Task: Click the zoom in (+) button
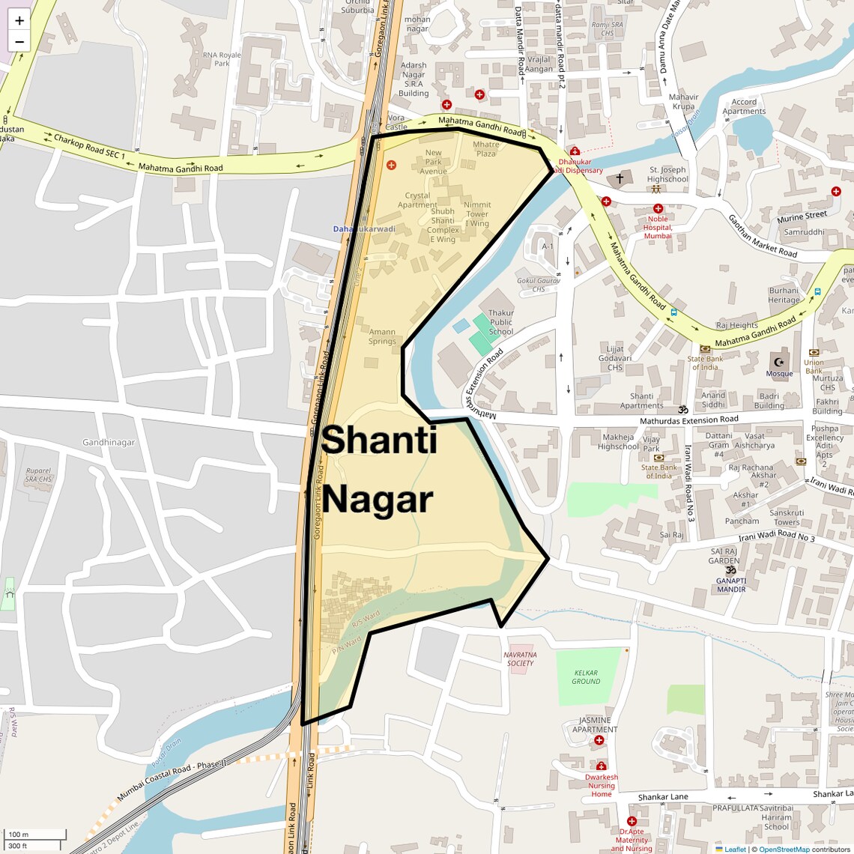[19, 20]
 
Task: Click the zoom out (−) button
[19, 42]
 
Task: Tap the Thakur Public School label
[501, 322]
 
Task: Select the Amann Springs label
[382, 336]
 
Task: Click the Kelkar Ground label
[586, 677]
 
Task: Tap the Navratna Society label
[520, 658]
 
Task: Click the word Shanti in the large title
[378, 440]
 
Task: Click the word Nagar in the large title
[378, 500]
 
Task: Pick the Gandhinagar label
[109, 442]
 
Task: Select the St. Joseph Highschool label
[667, 175]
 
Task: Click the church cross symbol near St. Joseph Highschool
[619, 179]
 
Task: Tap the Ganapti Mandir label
[730, 584]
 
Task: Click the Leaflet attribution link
[735, 849]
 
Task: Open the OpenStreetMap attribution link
[784, 849]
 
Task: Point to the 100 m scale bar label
[18, 834]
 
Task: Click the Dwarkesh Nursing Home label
[602, 785]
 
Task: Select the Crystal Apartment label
[417, 200]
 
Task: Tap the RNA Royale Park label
[222, 59]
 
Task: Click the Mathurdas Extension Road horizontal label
[688, 420]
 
